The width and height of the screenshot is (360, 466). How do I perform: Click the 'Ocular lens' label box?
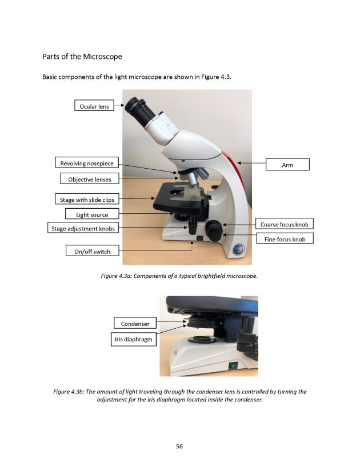click(x=94, y=106)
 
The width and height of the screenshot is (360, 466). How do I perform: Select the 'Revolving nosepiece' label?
click(x=87, y=164)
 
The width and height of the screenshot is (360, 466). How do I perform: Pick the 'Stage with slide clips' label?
click(x=87, y=200)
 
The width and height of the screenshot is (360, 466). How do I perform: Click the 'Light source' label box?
click(x=92, y=214)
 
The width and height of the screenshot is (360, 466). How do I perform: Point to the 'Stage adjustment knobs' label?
click(x=83, y=229)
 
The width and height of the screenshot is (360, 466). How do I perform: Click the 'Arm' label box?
click(x=287, y=165)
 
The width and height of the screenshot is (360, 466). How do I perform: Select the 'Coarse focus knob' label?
click(x=284, y=225)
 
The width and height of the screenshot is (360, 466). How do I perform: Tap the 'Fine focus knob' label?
click(x=285, y=239)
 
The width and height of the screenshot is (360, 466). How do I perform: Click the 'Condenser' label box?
click(x=135, y=324)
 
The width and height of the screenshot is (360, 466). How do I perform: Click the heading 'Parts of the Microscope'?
click(x=82, y=57)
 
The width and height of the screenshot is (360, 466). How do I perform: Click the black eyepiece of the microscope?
click(x=135, y=106)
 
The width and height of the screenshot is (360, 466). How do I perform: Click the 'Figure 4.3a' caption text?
click(x=179, y=276)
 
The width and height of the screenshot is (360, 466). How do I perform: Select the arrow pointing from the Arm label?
click(x=251, y=164)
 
